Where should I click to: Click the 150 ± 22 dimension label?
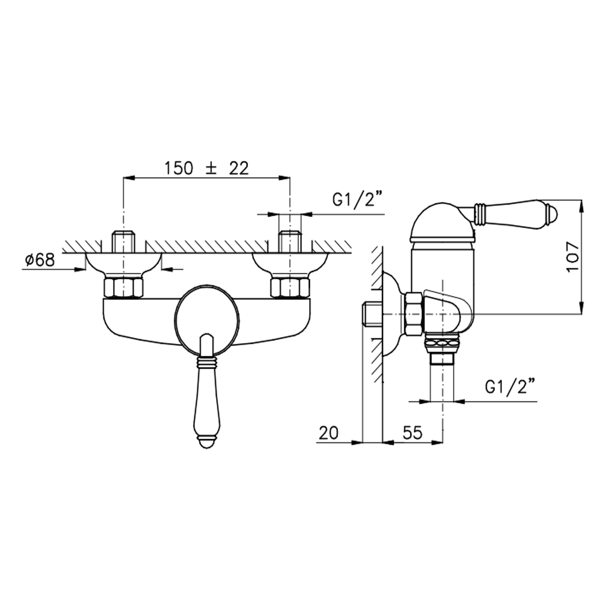tap(207, 169)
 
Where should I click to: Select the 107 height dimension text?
tap(573, 257)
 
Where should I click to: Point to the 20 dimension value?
tap(328, 433)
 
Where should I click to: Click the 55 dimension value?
tap(412, 433)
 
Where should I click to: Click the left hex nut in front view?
tap(123, 288)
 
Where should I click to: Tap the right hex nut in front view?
tap(290, 288)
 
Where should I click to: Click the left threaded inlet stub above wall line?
tap(123, 241)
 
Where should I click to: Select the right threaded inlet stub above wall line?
tap(290, 241)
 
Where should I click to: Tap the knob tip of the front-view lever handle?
tap(207, 443)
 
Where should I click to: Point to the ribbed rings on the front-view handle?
tap(207, 363)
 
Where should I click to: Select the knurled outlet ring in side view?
tap(442, 344)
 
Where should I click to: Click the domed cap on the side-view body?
tap(443, 222)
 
